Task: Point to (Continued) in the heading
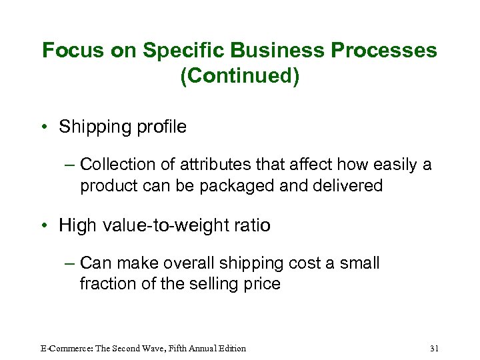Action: (239, 76)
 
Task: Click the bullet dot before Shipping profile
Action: (46, 127)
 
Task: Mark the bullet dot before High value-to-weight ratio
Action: (46, 226)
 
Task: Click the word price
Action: (261, 283)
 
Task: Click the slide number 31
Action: (435, 348)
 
